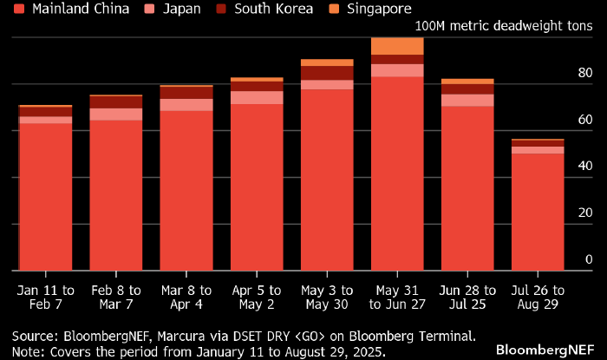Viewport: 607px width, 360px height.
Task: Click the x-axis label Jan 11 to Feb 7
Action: pos(45,298)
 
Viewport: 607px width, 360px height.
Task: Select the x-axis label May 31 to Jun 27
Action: pos(397,298)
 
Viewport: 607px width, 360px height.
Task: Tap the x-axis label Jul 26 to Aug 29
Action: pos(538,298)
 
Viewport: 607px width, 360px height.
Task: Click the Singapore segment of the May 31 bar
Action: pos(397,46)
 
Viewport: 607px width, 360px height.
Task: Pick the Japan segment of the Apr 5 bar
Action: pos(257,97)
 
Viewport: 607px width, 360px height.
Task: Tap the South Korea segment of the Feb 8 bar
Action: pos(116,101)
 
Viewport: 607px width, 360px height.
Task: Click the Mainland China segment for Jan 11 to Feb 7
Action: pos(45,196)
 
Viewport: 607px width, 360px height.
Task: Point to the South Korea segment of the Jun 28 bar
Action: pos(467,88)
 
